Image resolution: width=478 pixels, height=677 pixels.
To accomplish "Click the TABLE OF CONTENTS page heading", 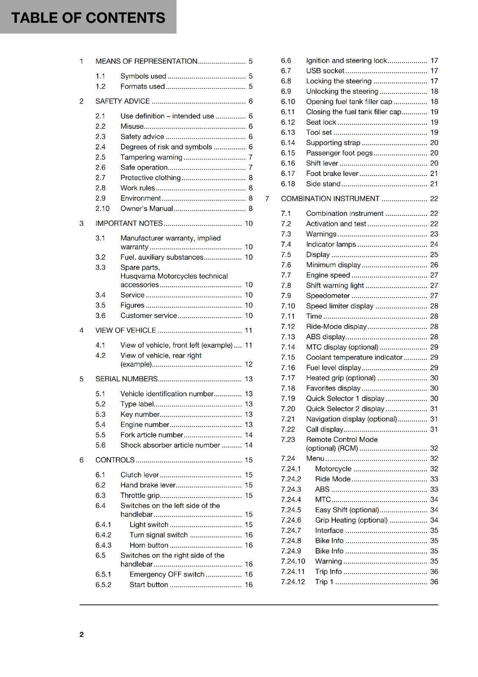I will [x=88, y=18].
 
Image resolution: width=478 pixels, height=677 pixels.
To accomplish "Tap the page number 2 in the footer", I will [x=82, y=634].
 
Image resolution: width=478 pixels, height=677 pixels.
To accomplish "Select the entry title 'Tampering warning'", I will [x=151, y=157].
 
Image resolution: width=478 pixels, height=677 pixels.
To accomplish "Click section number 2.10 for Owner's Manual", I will [x=102, y=209].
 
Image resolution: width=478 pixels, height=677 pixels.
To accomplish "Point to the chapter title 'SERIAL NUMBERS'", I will [x=126, y=379].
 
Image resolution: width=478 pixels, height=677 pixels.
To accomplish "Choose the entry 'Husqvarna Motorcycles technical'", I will [x=174, y=276].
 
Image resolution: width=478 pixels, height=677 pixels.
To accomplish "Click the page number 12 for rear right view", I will [x=249, y=364].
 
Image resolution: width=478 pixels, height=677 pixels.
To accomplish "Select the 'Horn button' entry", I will [x=149, y=545].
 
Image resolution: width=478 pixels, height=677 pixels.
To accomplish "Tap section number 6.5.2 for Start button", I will [x=103, y=585].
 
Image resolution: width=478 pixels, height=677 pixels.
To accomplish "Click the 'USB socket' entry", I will [x=325, y=71].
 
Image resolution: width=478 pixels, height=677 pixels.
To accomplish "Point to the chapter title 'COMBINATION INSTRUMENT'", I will [x=330, y=199].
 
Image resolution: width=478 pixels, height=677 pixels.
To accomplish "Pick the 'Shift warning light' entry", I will [x=335, y=286].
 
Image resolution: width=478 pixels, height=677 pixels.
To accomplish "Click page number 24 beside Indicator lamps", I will [x=434, y=245].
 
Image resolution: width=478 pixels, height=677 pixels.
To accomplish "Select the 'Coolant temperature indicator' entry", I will [x=354, y=358].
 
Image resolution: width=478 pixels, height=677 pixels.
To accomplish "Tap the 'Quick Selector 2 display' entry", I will [x=345, y=409].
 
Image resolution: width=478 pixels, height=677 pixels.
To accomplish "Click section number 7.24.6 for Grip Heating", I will [x=291, y=520].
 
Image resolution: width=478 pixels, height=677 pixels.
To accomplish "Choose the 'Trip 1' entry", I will [x=324, y=582].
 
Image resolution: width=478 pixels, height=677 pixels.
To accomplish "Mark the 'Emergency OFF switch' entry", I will [x=167, y=575].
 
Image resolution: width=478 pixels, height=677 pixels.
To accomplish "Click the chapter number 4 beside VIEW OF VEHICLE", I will [x=81, y=330].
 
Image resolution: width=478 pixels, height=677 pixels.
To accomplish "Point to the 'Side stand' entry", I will [x=323, y=184].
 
